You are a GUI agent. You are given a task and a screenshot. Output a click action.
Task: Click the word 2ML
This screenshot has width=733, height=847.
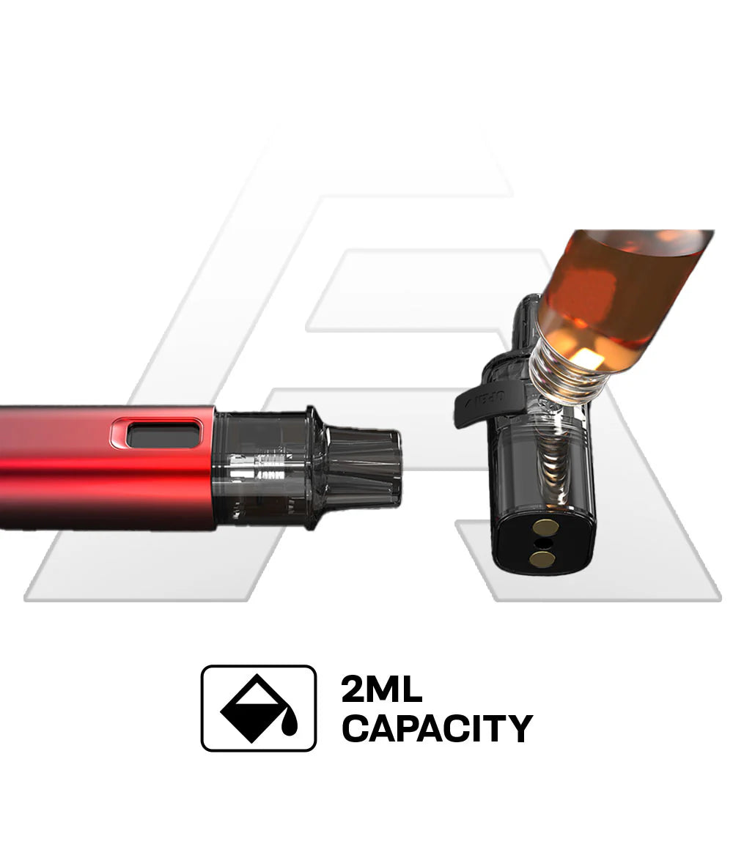pos(382,689)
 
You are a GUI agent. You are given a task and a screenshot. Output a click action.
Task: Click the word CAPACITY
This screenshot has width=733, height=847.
pos(438,728)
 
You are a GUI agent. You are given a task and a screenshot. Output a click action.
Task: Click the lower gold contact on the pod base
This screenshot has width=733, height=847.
pos(540,559)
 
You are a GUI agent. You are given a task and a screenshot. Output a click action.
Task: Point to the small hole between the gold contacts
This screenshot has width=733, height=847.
pos(542,543)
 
